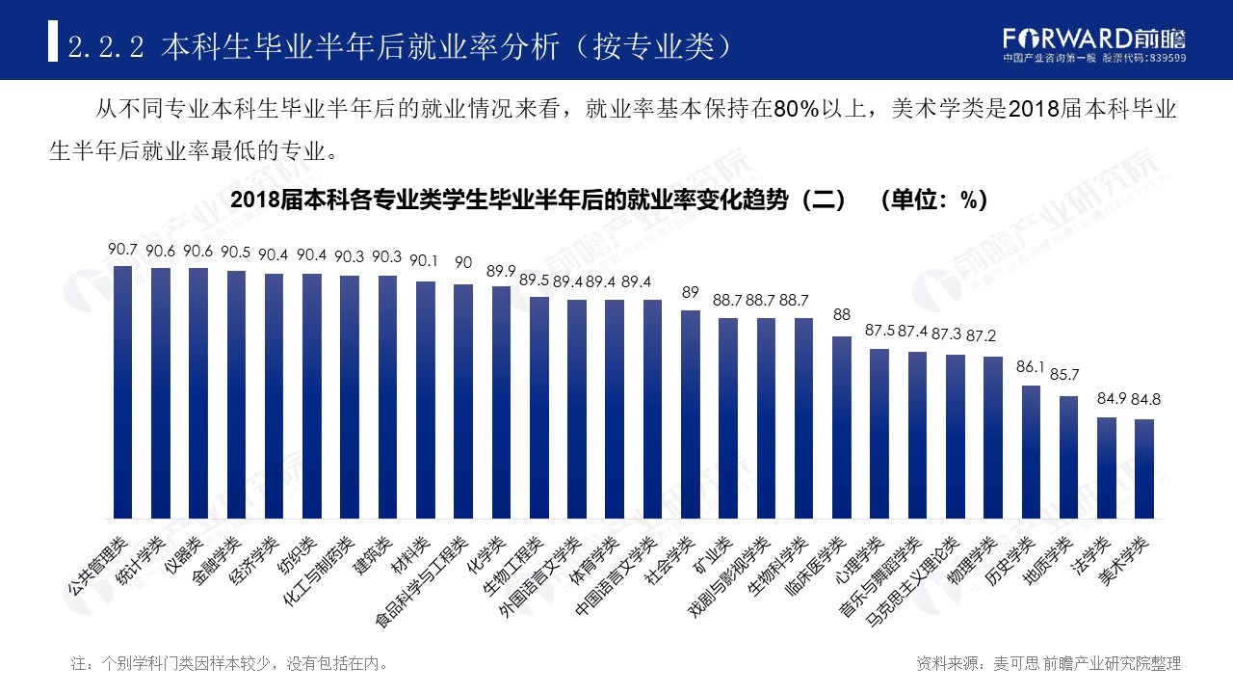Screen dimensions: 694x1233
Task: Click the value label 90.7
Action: click(122, 250)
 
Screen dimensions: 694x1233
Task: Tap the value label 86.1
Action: click(1031, 367)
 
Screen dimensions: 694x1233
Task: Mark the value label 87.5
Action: click(879, 331)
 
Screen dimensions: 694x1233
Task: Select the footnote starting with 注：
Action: click(230, 663)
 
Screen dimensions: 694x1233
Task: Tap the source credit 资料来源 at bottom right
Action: click(1049, 663)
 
